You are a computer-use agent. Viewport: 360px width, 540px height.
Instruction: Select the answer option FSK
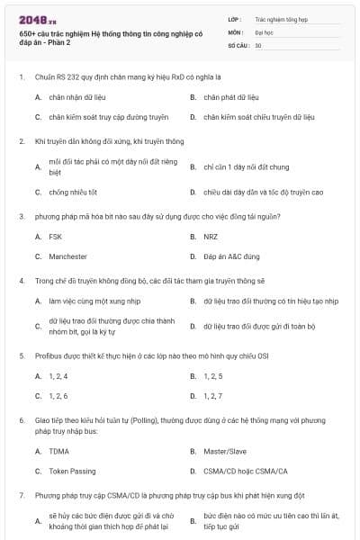[x=55, y=237]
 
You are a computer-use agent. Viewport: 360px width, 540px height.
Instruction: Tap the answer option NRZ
[x=211, y=237]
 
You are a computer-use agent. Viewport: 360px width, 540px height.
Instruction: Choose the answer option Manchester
[x=67, y=256]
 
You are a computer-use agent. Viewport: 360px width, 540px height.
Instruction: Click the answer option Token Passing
[x=72, y=471]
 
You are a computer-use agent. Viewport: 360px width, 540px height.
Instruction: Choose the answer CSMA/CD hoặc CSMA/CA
[x=245, y=471]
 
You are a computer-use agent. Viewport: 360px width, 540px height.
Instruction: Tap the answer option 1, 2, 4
[x=58, y=375]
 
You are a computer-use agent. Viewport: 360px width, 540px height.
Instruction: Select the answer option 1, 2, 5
[x=213, y=375]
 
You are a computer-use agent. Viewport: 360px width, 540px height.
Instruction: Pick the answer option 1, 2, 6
[x=58, y=395]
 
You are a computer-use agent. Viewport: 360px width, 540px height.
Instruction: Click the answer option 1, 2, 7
[x=213, y=395]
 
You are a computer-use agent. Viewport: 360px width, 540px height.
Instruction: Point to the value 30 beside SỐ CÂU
[x=258, y=44]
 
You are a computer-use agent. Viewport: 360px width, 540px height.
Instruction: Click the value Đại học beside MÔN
[x=264, y=31]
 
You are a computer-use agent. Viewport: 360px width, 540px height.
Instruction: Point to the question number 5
[x=21, y=355]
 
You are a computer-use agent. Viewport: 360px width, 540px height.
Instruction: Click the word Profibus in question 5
[x=49, y=355]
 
